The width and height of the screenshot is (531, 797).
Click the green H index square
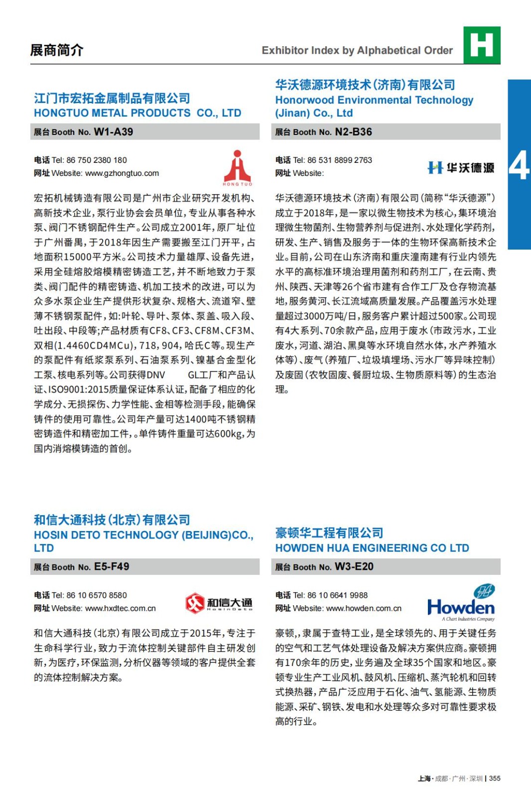click(482, 45)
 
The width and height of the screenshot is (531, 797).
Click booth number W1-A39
click(113, 132)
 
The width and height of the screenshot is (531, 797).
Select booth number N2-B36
click(353, 132)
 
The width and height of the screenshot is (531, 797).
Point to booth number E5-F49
click(112, 567)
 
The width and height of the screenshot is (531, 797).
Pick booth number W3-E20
click(354, 567)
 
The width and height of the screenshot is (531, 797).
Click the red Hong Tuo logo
click(238, 168)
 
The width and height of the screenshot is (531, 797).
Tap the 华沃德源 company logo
click(461, 168)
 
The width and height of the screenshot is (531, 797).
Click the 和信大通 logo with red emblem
click(219, 603)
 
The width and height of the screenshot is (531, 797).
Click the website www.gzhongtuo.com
click(122, 173)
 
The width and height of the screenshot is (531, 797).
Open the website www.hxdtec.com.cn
click(121, 608)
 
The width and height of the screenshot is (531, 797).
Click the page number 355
click(495, 779)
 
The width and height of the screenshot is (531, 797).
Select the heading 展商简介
click(57, 50)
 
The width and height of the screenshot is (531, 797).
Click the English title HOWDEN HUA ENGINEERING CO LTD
click(372, 548)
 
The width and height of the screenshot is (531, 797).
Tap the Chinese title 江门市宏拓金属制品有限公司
click(112, 99)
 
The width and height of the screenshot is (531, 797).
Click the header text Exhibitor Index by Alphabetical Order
click(357, 50)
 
